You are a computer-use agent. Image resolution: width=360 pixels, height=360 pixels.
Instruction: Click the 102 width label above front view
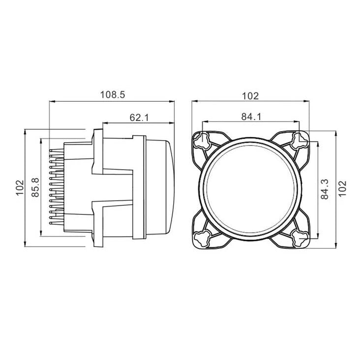click(x=251, y=95)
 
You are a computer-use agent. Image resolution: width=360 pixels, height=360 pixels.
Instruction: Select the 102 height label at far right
click(x=343, y=188)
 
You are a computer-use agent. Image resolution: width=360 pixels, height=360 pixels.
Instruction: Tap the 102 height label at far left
click(x=19, y=188)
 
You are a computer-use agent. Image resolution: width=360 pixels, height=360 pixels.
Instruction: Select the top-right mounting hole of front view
click(x=298, y=141)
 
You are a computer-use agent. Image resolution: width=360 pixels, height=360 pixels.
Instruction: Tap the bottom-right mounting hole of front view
click(x=298, y=238)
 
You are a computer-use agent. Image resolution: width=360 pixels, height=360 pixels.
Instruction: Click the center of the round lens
click(x=250, y=189)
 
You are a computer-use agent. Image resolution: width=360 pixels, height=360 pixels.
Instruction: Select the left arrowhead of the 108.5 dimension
click(x=52, y=102)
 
